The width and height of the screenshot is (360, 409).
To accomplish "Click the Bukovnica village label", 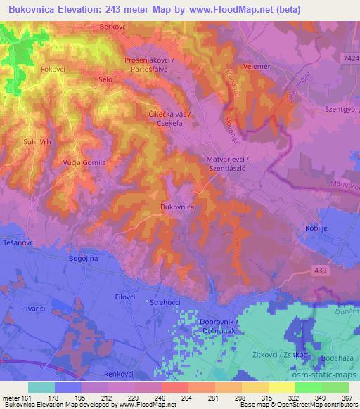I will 176,208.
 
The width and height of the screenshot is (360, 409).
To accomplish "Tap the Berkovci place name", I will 115,26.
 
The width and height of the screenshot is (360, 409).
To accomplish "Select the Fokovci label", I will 53,70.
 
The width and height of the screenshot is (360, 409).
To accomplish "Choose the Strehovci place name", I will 166,302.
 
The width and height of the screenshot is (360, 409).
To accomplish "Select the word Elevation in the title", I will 84,8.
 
